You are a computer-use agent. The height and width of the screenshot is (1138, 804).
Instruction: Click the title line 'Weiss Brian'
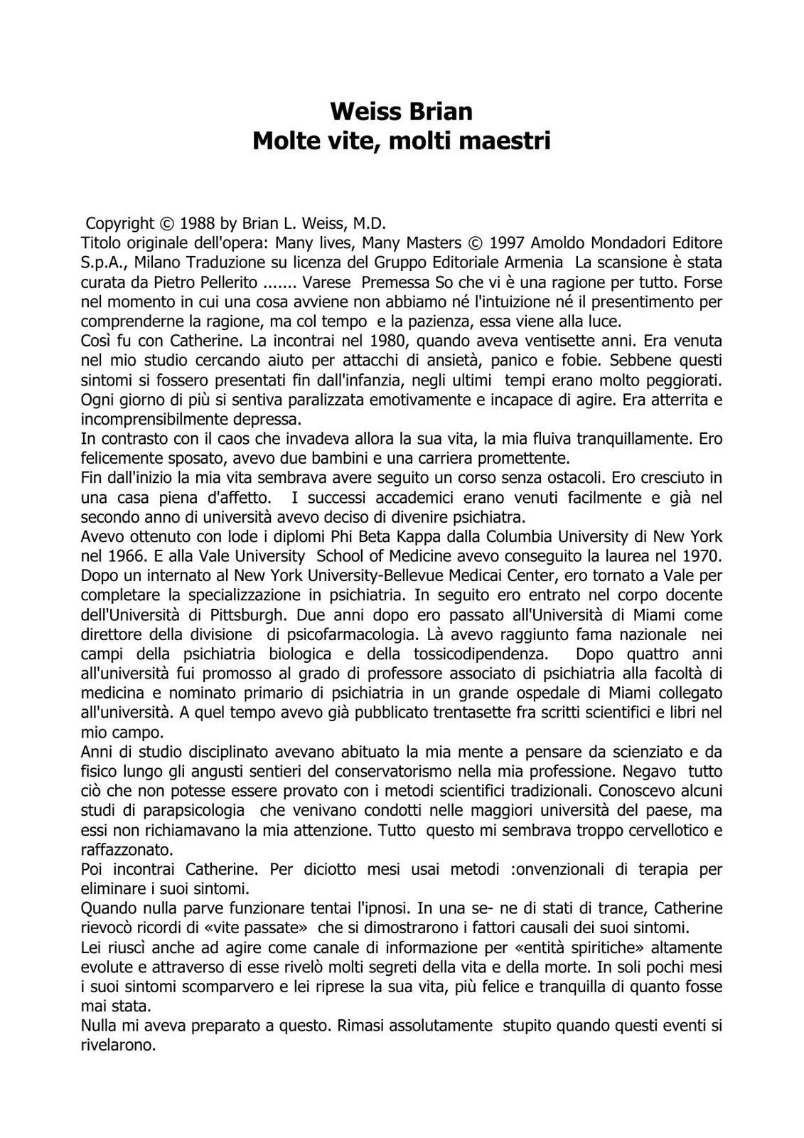(402, 112)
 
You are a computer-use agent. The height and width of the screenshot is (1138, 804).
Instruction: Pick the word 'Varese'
(327, 282)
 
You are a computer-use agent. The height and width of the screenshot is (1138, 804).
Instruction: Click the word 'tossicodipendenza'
(485, 653)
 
